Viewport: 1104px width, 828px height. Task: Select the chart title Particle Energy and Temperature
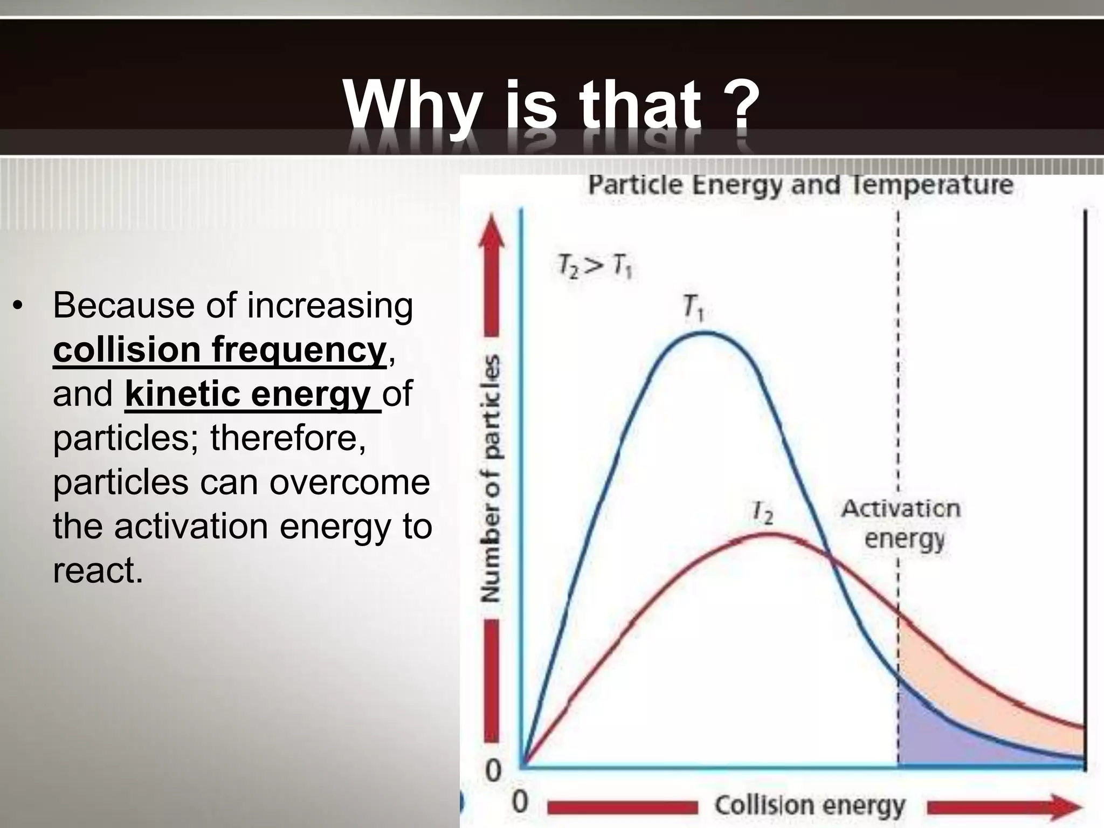coord(801,185)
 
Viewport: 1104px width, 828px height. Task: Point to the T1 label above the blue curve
coord(693,307)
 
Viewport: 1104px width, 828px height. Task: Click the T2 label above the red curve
coord(763,513)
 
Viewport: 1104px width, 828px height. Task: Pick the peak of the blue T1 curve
coord(704,333)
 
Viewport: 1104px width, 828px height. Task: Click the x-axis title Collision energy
coord(810,806)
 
